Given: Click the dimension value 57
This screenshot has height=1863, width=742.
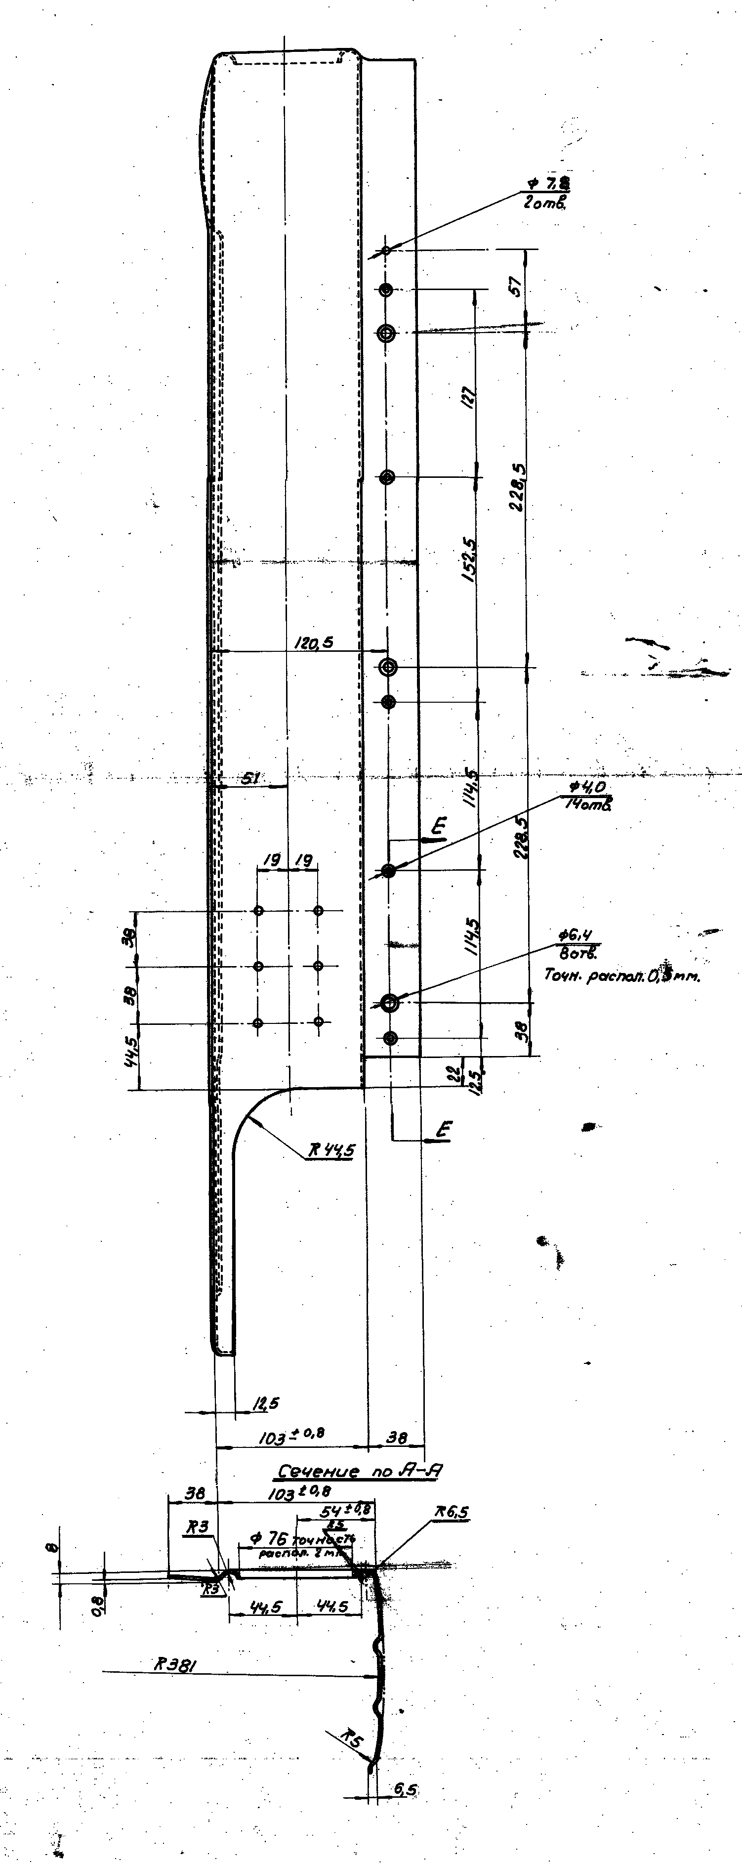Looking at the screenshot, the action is click(515, 287).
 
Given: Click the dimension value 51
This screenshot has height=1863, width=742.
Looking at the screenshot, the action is click(250, 778).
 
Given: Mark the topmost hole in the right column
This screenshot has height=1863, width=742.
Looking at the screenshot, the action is click(386, 250).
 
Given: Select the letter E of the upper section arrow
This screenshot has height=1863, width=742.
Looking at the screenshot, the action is click(439, 825).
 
